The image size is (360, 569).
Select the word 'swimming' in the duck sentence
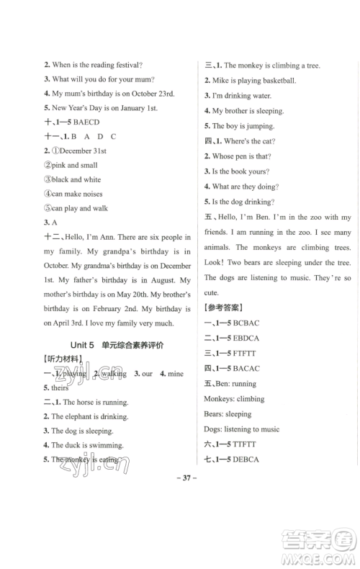[106, 445]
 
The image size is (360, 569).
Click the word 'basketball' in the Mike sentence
[274, 80]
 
